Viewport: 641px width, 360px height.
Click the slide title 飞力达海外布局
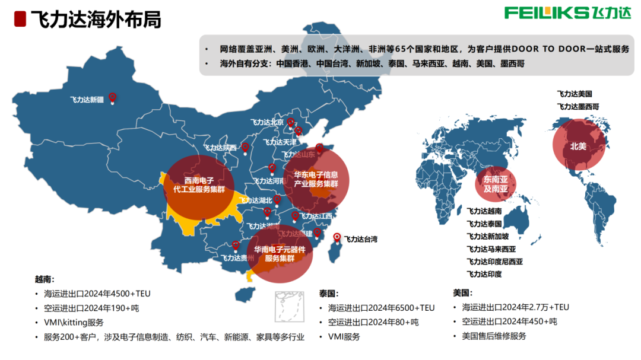(95, 19)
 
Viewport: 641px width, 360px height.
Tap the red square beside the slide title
(20, 19)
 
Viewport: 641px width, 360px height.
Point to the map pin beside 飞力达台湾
(338, 238)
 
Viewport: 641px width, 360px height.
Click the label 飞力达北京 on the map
(267, 123)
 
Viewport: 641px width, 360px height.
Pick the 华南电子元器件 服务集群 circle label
(280, 254)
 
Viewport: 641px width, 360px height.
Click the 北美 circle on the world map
(578, 146)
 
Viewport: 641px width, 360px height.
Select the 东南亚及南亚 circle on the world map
(496, 184)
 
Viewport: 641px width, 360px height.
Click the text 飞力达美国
(574, 94)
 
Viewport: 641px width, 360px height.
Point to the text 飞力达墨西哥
(577, 106)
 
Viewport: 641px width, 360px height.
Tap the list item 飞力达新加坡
(487, 236)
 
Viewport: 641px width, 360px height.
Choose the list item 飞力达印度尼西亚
(494, 262)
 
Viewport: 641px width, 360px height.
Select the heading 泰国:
(328, 294)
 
